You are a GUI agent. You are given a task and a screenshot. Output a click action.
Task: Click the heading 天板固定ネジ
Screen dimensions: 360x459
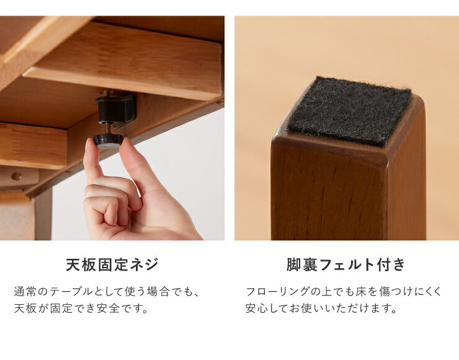pyautogui.click(x=112, y=265)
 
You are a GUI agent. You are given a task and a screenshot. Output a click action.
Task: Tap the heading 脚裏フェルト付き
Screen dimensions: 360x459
pyautogui.click(x=346, y=265)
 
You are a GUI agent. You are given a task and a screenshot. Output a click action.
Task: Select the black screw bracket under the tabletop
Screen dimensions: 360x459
pyautogui.click(x=115, y=109)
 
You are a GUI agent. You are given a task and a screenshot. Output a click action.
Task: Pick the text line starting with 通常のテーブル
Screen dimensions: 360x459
pyautogui.click(x=107, y=291)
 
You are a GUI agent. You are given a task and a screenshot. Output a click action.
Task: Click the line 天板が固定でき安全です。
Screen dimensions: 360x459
pyautogui.click(x=81, y=308)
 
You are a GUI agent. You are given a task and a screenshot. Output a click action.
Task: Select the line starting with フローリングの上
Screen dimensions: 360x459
pyautogui.click(x=344, y=291)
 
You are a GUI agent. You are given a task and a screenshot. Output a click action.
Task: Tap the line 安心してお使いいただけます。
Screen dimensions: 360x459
pyautogui.click(x=321, y=308)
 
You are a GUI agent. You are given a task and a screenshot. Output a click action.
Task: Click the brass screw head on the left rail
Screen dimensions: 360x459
pyautogui.click(x=17, y=176)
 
